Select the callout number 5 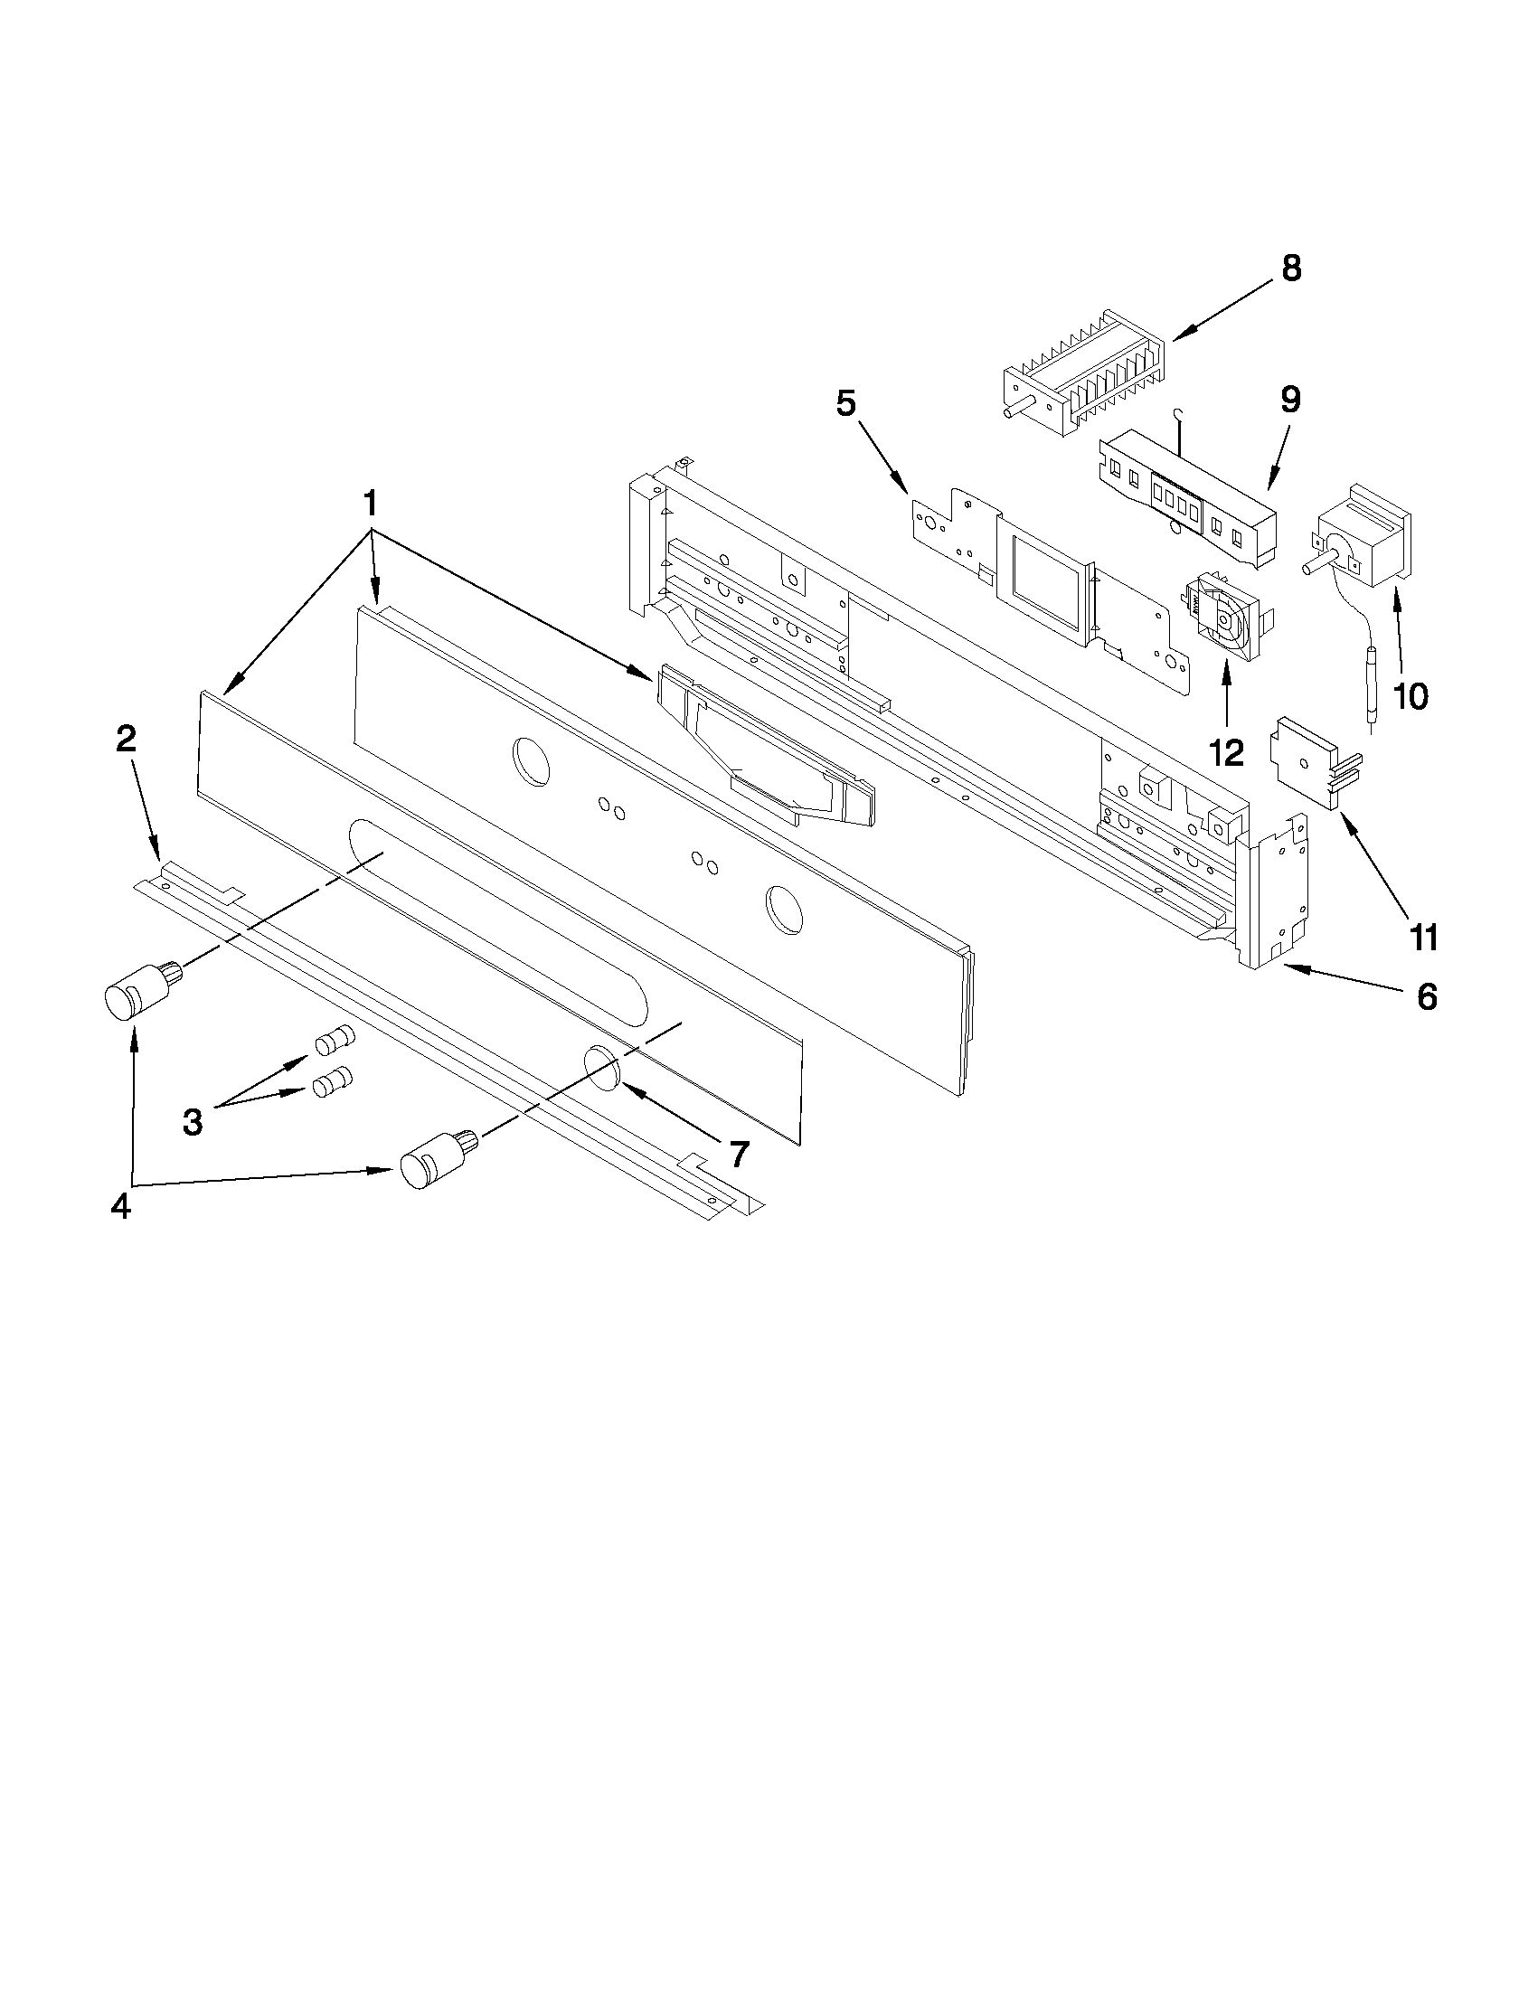(x=846, y=403)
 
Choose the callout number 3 (x=193, y=1122)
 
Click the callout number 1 (x=370, y=503)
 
